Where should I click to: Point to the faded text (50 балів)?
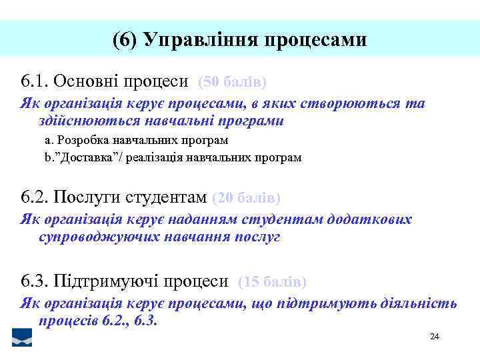233,82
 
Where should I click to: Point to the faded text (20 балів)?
246,198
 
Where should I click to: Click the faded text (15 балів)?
272,282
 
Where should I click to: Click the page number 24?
435,336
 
